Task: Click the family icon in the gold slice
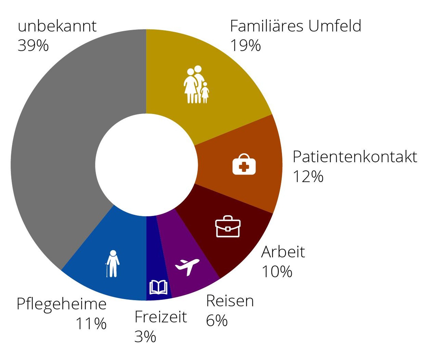[x=196, y=85]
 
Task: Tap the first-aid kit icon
[x=244, y=165]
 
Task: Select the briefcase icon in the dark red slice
[x=228, y=227]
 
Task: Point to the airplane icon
[x=187, y=266]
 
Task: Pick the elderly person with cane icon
[x=113, y=263]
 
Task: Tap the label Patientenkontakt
[x=355, y=157]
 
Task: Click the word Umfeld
[x=335, y=26]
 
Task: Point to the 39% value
[x=33, y=45]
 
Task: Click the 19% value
[x=245, y=45]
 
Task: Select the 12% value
[x=308, y=176]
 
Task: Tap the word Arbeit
[x=283, y=252]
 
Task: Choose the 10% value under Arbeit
[x=277, y=271]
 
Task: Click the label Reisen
[x=230, y=301]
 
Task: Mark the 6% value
[x=217, y=320]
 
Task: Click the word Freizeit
[x=161, y=317]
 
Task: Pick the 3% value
[x=145, y=336]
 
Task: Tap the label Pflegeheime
[x=61, y=304]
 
